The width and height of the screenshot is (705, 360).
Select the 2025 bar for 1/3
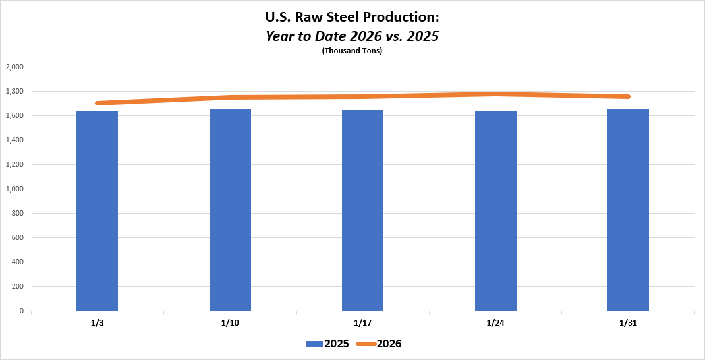pyautogui.click(x=97, y=211)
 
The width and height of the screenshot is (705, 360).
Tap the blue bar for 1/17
pyautogui.click(x=362, y=210)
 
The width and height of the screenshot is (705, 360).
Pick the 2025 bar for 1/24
pyautogui.click(x=495, y=210)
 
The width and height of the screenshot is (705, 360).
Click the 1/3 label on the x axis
pyautogui.click(x=97, y=323)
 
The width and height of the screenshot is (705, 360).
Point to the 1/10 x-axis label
pyautogui.click(x=230, y=323)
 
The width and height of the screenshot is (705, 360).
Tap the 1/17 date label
pyautogui.click(x=362, y=323)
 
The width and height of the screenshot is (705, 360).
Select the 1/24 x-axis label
pyautogui.click(x=495, y=323)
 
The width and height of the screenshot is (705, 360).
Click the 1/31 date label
pyautogui.click(x=628, y=323)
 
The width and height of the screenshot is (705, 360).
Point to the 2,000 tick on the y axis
pyautogui.click(x=14, y=67)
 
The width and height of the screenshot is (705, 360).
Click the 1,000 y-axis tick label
pyautogui.click(x=14, y=189)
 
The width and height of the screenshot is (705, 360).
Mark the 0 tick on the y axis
pyautogui.click(x=21, y=311)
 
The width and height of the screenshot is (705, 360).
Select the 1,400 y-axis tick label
pyautogui.click(x=14, y=140)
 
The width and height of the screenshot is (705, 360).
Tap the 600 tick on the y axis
pyautogui.click(x=17, y=237)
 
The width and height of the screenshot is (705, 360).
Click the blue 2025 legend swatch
pyautogui.click(x=314, y=344)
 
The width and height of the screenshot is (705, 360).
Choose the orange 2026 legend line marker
pyautogui.click(x=366, y=344)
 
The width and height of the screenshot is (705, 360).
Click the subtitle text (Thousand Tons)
pyautogui.click(x=352, y=51)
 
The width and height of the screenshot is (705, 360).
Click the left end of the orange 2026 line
pyautogui.click(x=98, y=103)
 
